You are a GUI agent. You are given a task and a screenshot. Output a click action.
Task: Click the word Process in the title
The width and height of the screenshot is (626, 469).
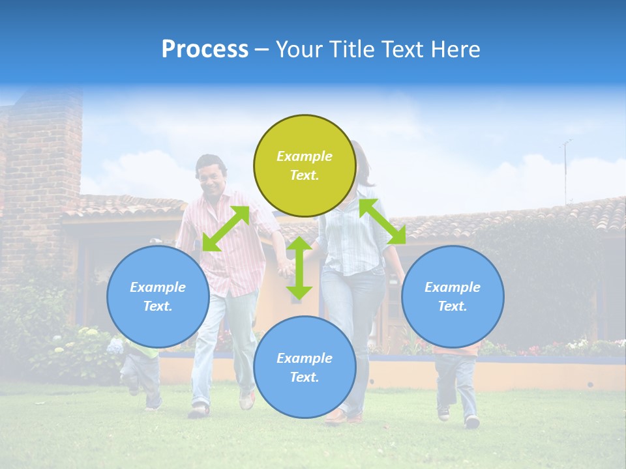coord(205,50)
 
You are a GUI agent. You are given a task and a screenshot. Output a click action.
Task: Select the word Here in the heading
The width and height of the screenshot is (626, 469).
coord(454,50)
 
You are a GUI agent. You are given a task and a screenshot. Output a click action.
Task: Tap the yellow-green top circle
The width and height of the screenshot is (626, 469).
coord(305,166)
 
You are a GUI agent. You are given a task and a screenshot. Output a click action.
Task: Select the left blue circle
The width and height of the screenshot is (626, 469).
coord(158,296)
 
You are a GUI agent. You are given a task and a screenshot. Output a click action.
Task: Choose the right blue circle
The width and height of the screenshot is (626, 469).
coord(453,296)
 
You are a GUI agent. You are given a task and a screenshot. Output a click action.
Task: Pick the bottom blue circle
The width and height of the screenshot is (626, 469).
coord(305,367)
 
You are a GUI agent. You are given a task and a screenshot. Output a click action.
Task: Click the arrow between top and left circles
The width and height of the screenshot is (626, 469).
coord(226,229)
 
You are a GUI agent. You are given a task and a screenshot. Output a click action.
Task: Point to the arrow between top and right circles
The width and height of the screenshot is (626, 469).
coord(383,221)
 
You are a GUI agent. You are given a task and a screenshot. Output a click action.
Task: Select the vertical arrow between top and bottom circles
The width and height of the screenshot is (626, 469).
coord(299,268)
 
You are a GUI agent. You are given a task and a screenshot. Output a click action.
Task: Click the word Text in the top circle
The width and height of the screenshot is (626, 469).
coord(305,175)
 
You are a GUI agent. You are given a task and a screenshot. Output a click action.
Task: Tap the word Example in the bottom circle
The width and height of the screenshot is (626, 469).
coord(305,358)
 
